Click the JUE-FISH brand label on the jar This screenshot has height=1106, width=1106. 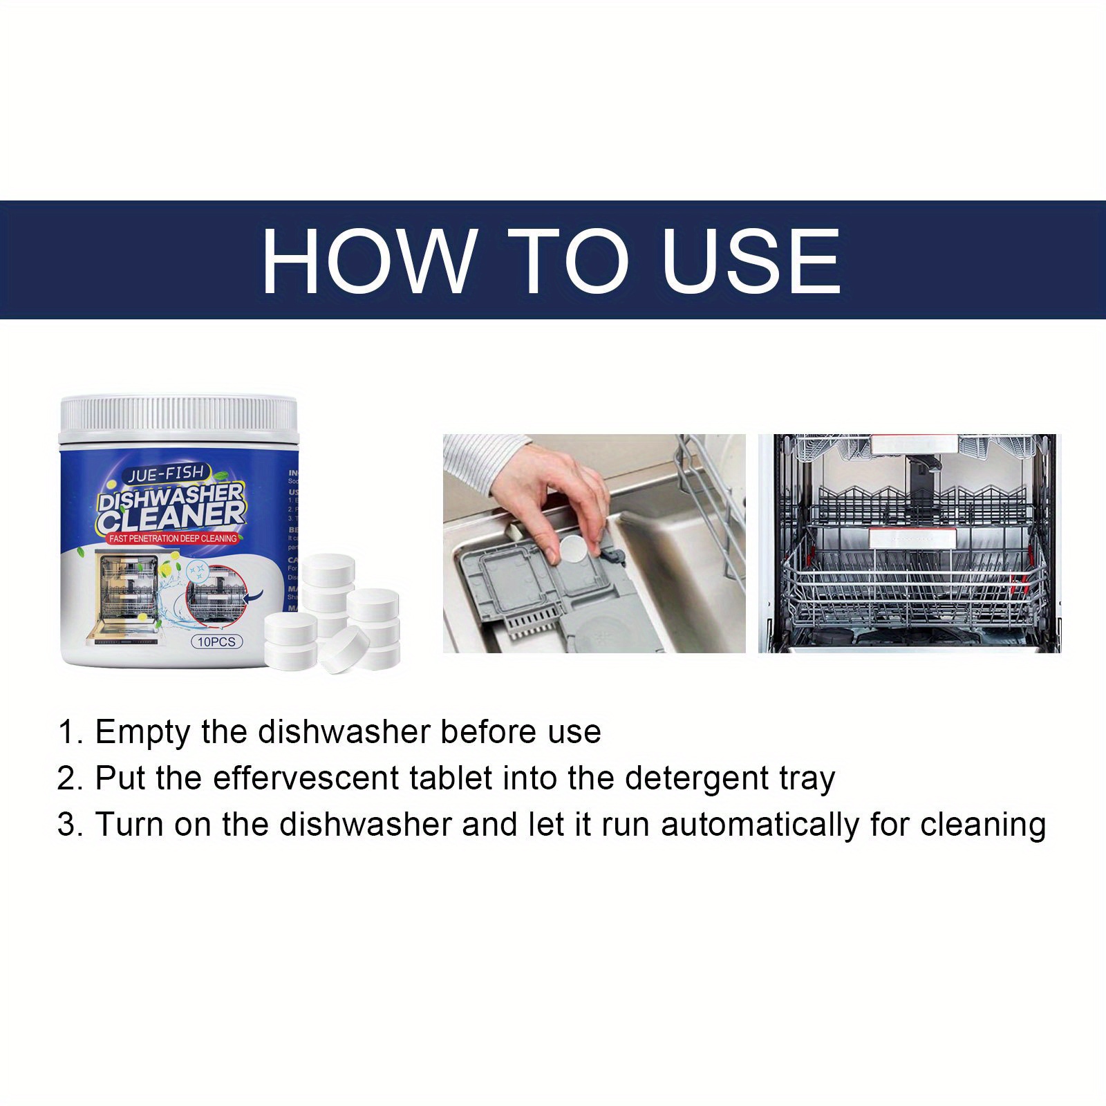(x=165, y=472)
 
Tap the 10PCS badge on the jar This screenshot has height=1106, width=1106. (x=216, y=641)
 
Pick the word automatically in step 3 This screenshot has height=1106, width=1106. (x=760, y=825)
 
